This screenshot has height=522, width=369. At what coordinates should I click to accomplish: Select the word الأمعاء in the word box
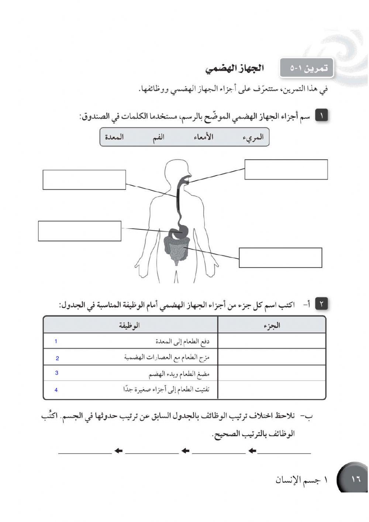tap(203, 137)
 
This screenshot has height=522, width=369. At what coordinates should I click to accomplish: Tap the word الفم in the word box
tap(158, 137)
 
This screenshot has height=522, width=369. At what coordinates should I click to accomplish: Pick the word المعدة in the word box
tap(114, 137)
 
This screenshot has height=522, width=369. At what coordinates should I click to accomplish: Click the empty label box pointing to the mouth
tap(286, 170)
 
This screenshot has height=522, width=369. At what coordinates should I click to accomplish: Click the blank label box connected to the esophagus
tap(84, 180)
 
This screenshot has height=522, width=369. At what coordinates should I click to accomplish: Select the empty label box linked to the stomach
tap(79, 231)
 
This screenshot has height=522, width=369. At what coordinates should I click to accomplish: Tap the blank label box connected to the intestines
tap(280, 257)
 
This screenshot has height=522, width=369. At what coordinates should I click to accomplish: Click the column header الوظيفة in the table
tap(130, 325)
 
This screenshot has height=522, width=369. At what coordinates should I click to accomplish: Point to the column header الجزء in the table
tap(272, 325)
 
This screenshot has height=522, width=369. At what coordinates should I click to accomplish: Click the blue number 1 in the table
tap(56, 341)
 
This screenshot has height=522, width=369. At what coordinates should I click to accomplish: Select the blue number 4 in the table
tap(56, 390)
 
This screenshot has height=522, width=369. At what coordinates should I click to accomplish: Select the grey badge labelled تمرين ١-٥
tap(306, 68)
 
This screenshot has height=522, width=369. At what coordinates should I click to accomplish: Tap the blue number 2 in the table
tap(57, 358)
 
